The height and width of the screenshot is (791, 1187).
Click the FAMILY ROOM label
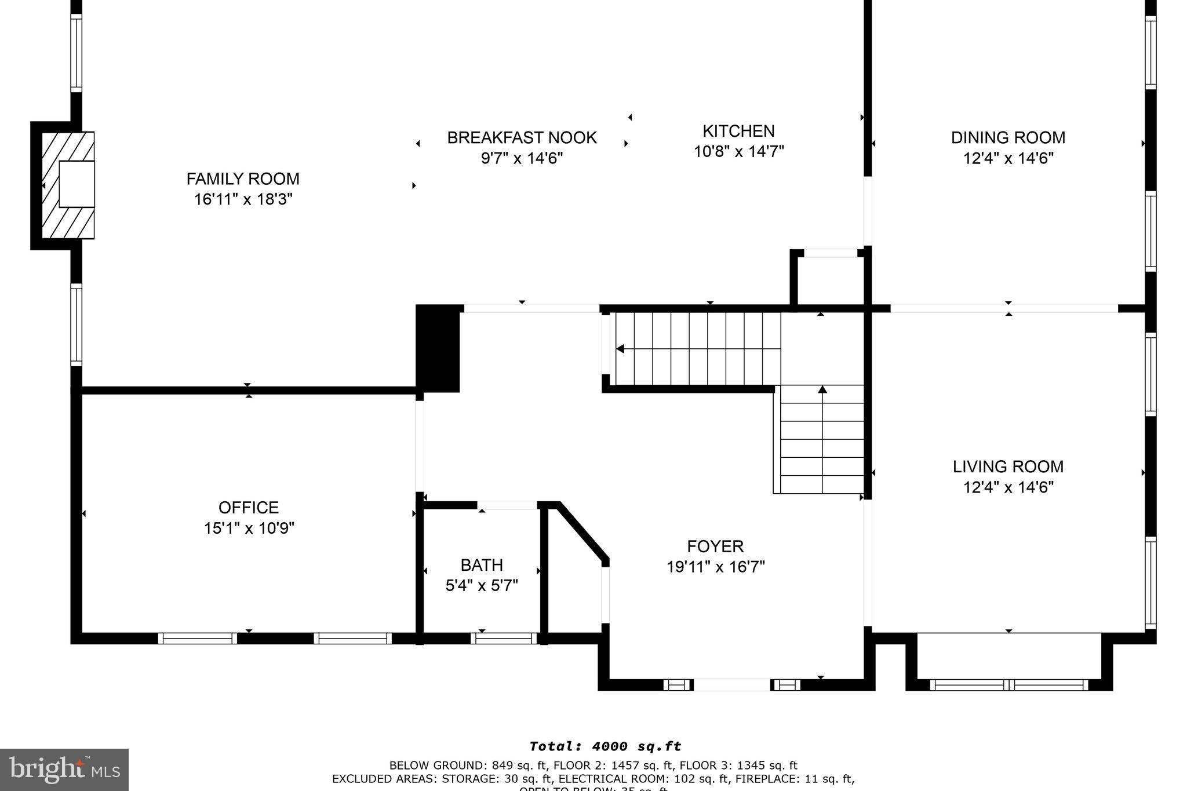pos(243,178)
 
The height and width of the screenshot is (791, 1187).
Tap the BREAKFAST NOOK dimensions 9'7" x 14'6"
pos(522,158)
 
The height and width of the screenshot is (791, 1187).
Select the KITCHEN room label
pos(738,131)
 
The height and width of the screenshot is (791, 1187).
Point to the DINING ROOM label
pos(1008,138)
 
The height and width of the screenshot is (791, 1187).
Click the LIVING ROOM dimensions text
pos(1008,487)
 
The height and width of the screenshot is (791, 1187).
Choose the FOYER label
pos(715,546)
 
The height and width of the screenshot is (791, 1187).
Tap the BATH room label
pos(481,565)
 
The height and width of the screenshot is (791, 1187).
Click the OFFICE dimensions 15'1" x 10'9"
pos(249,528)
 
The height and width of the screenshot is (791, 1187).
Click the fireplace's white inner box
pos(77,184)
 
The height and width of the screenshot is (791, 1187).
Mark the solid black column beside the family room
pos(438,348)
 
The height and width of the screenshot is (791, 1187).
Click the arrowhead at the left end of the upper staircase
pos(620,349)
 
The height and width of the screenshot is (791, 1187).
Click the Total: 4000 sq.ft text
pos(605,746)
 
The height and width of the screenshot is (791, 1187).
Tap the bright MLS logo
pos(64,770)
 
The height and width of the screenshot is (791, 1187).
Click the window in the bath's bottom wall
pos(504,639)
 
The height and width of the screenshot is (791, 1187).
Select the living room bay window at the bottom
pos(1008,685)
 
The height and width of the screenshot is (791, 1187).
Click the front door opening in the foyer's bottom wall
pos(731,685)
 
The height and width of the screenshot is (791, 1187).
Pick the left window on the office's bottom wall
pos(198,639)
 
